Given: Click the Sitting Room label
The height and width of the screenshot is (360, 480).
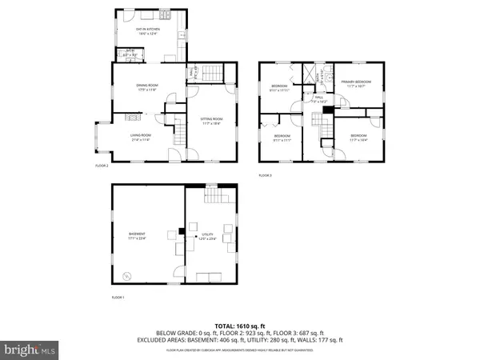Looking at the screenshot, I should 211,122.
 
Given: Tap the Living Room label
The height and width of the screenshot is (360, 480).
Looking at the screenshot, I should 141,137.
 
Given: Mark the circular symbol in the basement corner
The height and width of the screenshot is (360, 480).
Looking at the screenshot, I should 125,276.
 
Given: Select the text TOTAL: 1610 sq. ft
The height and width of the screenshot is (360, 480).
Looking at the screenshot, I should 239,326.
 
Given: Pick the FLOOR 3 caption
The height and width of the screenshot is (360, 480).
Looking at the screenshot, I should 265,175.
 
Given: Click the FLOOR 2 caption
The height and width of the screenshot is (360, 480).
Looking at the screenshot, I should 102,166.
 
